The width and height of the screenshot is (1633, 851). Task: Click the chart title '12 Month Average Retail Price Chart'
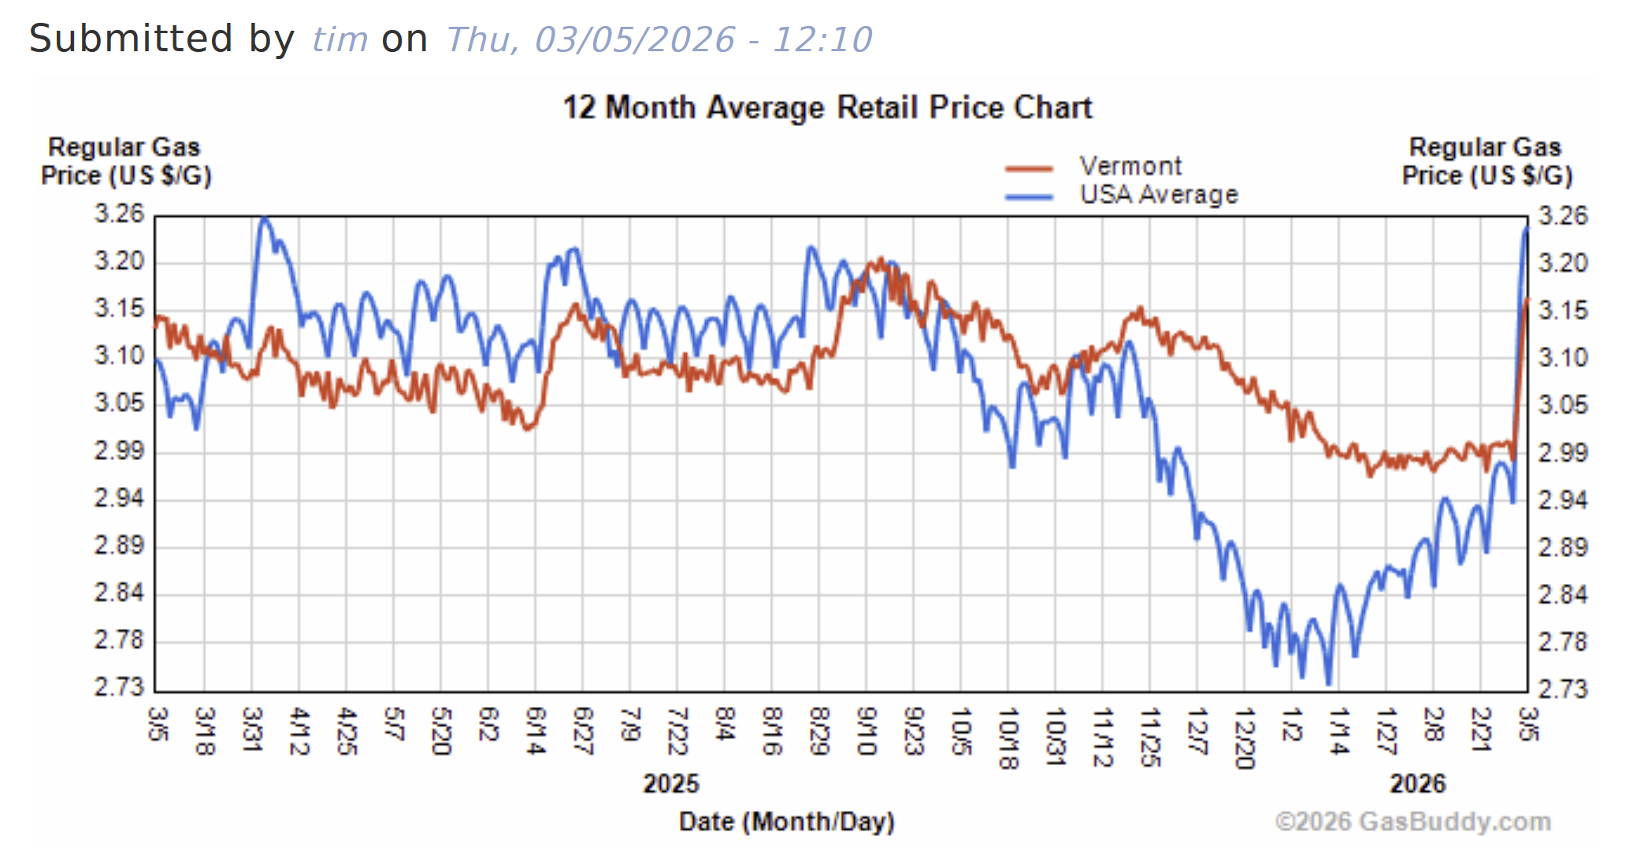827,107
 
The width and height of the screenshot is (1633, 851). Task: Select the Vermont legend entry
1130,166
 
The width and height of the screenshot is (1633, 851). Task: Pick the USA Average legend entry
1158,194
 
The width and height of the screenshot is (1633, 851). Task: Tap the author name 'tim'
340,39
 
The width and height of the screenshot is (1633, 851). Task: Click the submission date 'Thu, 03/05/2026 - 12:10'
659,39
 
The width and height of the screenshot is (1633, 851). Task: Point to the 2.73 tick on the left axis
119,687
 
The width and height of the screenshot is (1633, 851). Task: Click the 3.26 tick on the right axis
1563,215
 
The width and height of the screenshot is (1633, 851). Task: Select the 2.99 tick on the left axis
119,451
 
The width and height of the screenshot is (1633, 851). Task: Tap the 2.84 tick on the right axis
1563,593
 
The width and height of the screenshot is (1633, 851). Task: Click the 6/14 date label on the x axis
536,730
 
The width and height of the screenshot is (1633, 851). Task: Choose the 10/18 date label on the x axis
1008,738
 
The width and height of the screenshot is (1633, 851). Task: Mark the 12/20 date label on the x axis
1245,738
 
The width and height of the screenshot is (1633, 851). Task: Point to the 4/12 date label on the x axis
299,730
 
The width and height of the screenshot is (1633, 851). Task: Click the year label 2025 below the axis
670,783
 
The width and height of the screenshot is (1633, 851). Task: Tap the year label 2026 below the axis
1417,783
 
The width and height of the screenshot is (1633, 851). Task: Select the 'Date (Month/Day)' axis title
786,821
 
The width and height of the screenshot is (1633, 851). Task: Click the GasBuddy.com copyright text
1412,821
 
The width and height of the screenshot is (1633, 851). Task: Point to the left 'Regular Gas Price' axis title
126,161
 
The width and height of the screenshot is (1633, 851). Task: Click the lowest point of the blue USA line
1329,683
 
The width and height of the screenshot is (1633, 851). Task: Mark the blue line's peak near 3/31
265,218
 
